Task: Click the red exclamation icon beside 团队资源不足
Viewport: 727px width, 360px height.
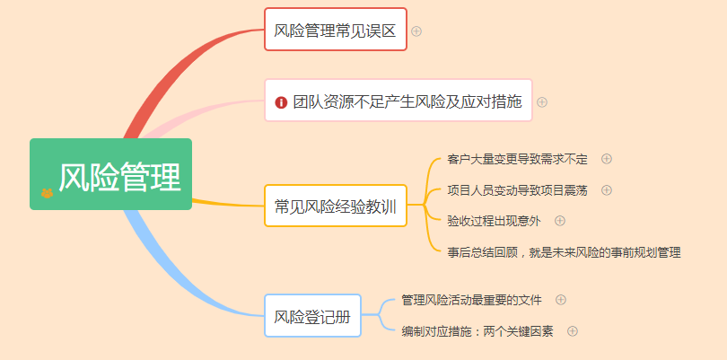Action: (281, 102)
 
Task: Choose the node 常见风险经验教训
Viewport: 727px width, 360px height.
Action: (335, 206)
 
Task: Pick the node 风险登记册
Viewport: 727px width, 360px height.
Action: (312, 316)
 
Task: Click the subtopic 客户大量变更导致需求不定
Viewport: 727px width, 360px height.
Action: (517, 160)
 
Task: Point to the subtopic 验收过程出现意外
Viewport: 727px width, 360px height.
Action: (495, 220)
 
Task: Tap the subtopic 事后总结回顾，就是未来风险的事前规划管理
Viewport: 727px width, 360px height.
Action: (564, 252)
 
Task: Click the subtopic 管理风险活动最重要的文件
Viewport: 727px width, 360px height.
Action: (471, 300)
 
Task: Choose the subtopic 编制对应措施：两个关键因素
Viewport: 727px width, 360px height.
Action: (477, 331)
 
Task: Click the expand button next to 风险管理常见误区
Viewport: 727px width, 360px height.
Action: (416, 31)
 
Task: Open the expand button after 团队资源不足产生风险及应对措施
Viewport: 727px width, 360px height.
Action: (542, 101)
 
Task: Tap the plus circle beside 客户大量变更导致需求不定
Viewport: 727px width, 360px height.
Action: (607, 159)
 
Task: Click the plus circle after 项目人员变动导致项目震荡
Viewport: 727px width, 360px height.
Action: (607, 189)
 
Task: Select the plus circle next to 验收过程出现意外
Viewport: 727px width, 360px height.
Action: (560, 220)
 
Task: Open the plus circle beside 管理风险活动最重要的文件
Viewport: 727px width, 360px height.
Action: (561, 299)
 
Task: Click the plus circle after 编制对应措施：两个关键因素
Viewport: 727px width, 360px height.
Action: (573, 330)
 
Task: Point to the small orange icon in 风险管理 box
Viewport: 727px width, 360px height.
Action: (47, 192)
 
